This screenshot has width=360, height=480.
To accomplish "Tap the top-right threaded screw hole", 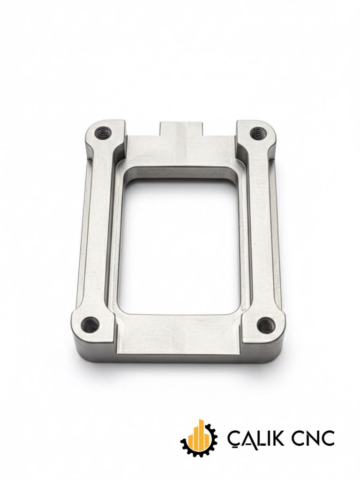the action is [259, 133].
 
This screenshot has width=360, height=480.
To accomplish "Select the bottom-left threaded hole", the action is [90, 324].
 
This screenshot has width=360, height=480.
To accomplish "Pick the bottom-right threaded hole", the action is [265, 325].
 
